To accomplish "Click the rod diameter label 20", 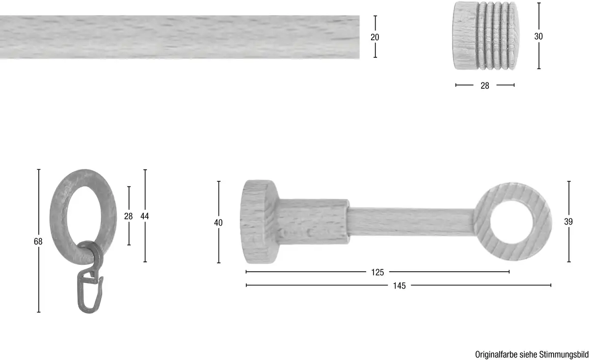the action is (x=375, y=37).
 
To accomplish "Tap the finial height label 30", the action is (x=538, y=36).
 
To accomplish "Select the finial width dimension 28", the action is (x=485, y=86).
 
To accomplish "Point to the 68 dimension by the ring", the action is (x=38, y=241).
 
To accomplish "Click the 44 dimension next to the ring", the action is (x=145, y=216).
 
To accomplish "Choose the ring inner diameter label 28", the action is (x=128, y=216).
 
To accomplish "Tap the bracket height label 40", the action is (x=218, y=223).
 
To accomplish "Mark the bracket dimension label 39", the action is (x=568, y=222).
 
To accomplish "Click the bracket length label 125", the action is (x=377, y=272).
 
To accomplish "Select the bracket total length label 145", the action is (x=400, y=285).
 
